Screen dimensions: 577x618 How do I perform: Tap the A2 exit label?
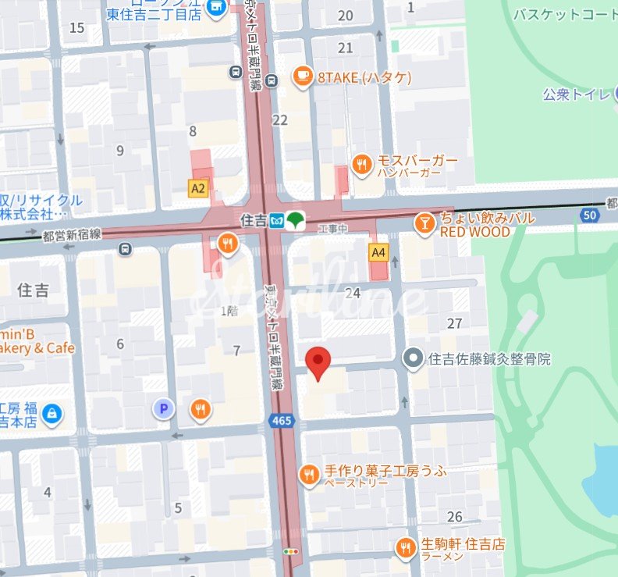point(198,188)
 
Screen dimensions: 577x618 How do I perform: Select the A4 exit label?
point(378,252)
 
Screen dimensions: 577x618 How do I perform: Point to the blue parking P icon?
point(163,408)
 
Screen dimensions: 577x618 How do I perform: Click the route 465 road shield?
point(281,421)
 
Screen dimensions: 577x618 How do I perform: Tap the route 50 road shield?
point(590,215)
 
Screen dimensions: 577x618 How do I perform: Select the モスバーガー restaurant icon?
point(360,164)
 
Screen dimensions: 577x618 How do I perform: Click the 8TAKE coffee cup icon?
point(301,77)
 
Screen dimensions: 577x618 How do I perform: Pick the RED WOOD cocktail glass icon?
point(424,223)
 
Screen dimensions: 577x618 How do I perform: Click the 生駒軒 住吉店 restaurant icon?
point(404,547)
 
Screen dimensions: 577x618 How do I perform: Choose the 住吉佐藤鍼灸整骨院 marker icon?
point(413,358)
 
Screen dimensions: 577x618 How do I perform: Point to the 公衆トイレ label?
point(577,94)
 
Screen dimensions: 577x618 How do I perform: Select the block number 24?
point(353,293)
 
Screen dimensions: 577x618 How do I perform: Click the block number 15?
point(76,28)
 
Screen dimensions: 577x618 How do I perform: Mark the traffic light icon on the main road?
point(292,551)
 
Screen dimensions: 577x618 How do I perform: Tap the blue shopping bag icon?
point(51,413)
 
